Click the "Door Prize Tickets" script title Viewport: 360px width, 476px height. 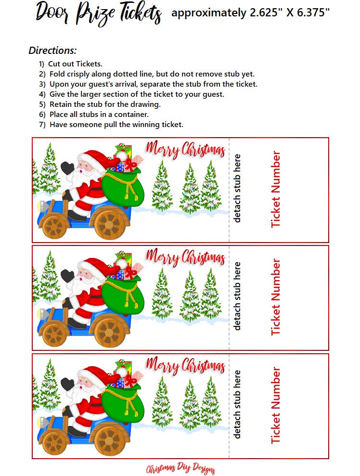(x=98, y=13)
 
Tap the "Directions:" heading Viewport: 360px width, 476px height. (x=52, y=50)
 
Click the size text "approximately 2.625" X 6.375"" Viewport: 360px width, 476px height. (x=250, y=13)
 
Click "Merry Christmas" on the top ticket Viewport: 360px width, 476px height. (x=185, y=150)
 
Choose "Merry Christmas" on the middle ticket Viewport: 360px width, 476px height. (x=185, y=257)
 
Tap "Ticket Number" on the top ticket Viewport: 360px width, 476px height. (x=276, y=190)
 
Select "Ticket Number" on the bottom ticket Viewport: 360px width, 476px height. (x=276, y=405)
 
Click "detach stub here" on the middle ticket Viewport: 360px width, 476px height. (x=237, y=296)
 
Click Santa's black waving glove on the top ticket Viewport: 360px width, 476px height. (x=67, y=168)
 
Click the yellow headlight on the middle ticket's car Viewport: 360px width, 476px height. (x=40, y=314)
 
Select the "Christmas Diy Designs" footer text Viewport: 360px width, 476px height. (x=180, y=469)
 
